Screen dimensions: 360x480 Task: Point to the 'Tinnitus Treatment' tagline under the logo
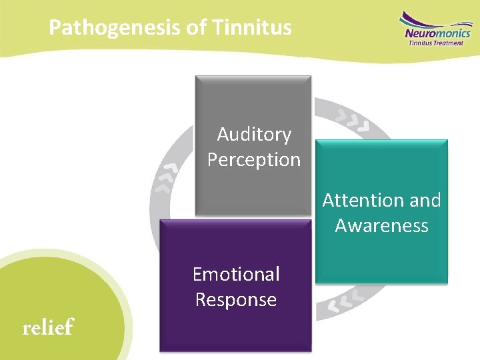436,43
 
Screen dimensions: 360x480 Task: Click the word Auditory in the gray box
254,135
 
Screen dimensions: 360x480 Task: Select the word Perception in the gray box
254,160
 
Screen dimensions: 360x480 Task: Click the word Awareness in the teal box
381,225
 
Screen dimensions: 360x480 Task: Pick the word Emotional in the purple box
236,274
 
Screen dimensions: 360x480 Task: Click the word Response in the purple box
236,299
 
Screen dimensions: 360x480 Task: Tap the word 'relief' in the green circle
48,327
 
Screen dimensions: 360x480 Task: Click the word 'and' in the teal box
427,200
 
